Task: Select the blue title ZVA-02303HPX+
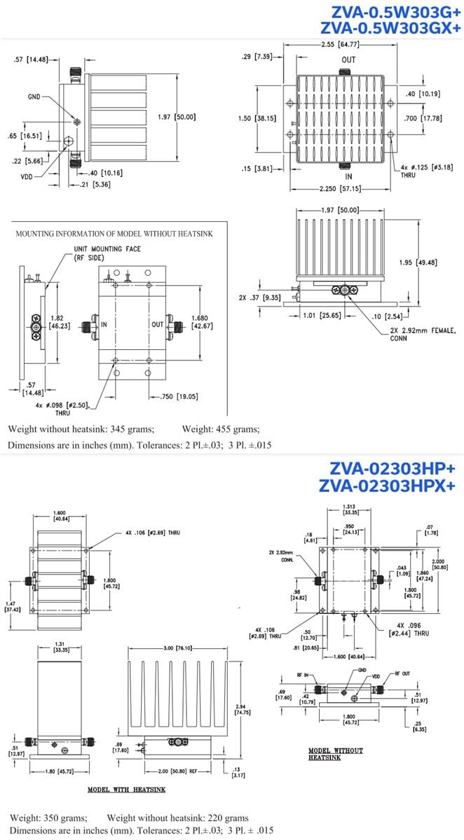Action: (390, 485)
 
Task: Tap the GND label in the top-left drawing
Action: (34, 97)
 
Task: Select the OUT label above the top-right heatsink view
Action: (348, 59)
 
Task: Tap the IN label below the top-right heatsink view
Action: (348, 176)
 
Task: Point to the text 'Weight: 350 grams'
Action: (48, 818)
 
